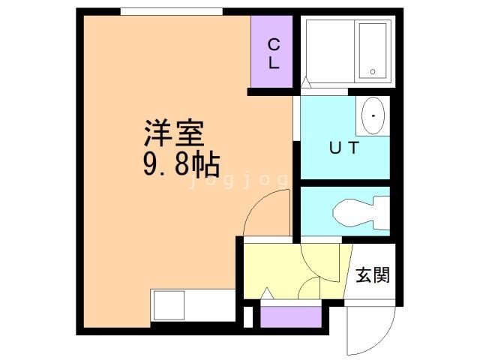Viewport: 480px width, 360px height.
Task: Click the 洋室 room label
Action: pyautogui.click(x=175, y=134)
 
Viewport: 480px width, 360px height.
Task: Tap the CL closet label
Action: pyautogui.click(x=274, y=53)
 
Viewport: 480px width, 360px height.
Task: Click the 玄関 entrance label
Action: pyautogui.click(x=372, y=274)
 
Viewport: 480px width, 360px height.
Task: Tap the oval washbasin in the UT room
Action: pyautogui.click(x=373, y=115)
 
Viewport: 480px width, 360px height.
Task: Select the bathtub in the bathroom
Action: pyautogui.click(x=372, y=49)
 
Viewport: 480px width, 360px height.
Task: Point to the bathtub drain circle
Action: pyautogui.click(x=373, y=72)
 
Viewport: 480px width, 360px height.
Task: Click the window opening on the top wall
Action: pyautogui.click(x=172, y=12)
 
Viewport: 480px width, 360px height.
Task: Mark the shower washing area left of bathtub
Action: pyautogui.click(x=328, y=49)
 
